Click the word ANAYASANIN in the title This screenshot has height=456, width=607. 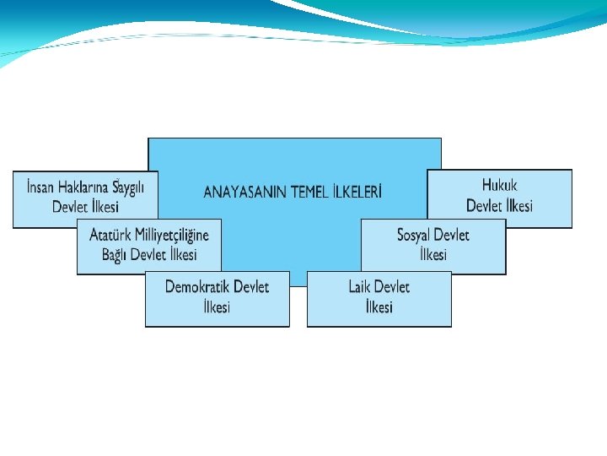(x=245, y=192)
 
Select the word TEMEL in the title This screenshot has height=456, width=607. (x=314, y=192)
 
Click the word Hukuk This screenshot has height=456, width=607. (x=500, y=185)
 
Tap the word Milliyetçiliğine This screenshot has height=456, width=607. (x=174, y=235)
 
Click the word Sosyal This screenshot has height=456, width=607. (x=417, y=235)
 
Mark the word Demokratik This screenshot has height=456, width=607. (x=197, y=286)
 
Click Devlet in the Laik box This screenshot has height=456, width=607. (x=392, y=286)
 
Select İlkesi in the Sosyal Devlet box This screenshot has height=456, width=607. (x=433, y=254)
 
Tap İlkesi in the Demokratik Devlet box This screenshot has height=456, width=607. (x=217, y=307)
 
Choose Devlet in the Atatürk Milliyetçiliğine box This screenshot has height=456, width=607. (x=153, y=254)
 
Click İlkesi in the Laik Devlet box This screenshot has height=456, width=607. (x=379, y=307)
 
